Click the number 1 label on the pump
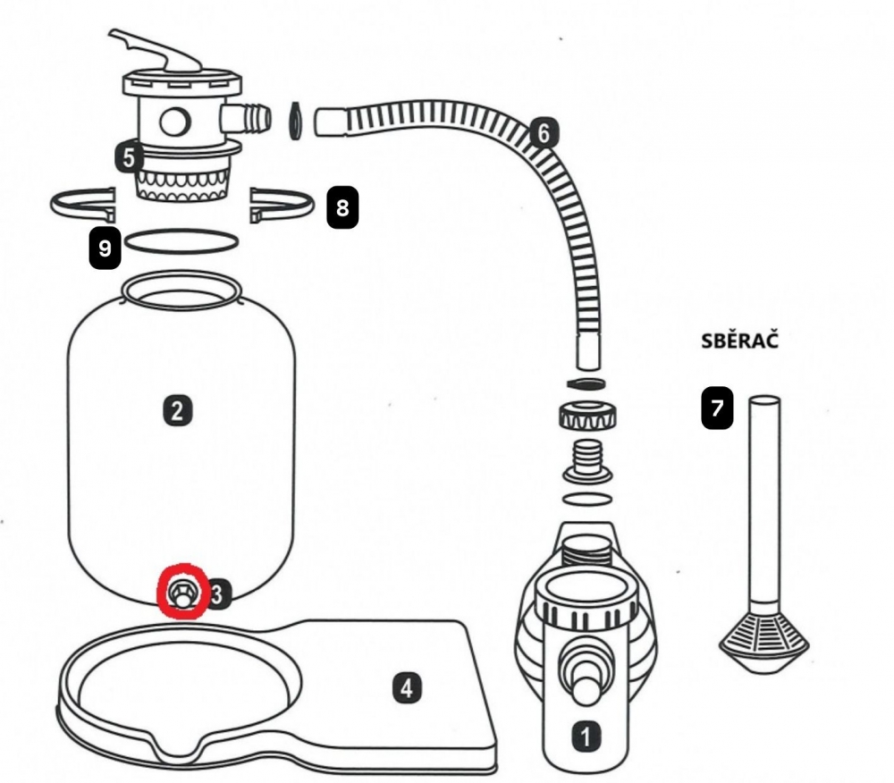tap(586, 737)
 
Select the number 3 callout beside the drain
tap(220, 592)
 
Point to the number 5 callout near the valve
tap(130, 158)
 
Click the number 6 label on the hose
tap(543, 133)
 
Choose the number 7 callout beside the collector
tap(717, 410)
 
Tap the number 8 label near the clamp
tap(342, 208)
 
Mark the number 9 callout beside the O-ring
tap(105, 248)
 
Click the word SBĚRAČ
tap(738, 341)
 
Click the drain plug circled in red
tap(183, 593)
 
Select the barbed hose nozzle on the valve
tap(246, 117)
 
